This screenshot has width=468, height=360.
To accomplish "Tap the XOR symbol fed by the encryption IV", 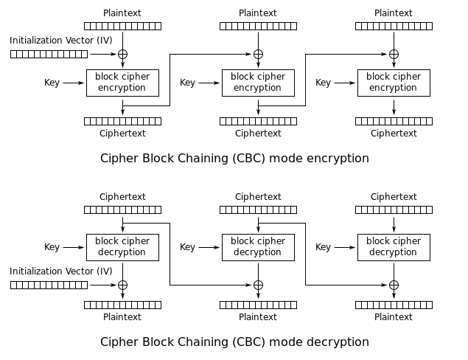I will click(x=122, y=54).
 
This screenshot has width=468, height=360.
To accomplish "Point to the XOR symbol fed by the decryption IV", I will click(x=122, y=285).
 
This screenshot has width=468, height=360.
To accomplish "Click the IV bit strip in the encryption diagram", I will click(x=49, y=54).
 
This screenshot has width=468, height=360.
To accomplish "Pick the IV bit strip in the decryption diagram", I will click(x=49, y=285).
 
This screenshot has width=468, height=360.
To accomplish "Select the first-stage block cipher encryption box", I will click(x=122, y=83).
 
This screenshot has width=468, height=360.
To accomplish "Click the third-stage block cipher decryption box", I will click(x=394, y=247).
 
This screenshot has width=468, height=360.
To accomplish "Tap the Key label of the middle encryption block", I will click(x=187, y=83).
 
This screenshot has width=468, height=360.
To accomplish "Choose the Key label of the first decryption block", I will click(x=52, y=247).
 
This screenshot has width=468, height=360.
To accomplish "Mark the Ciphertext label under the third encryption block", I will click(x=394, y=134).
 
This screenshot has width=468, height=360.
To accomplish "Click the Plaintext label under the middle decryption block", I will click(x=258, y=317).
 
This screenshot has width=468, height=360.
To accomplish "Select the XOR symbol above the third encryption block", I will click(x=394, y=54).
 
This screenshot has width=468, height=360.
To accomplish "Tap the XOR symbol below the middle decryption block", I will click(x=258, y=285).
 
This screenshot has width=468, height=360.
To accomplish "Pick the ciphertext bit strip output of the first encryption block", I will click(x=122, y=121).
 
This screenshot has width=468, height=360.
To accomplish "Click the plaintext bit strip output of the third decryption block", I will click(x=394, y=305).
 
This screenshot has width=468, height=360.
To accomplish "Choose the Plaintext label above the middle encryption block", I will click(x=258, y=13).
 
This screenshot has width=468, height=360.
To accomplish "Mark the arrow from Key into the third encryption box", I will click(x=345, y=83).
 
